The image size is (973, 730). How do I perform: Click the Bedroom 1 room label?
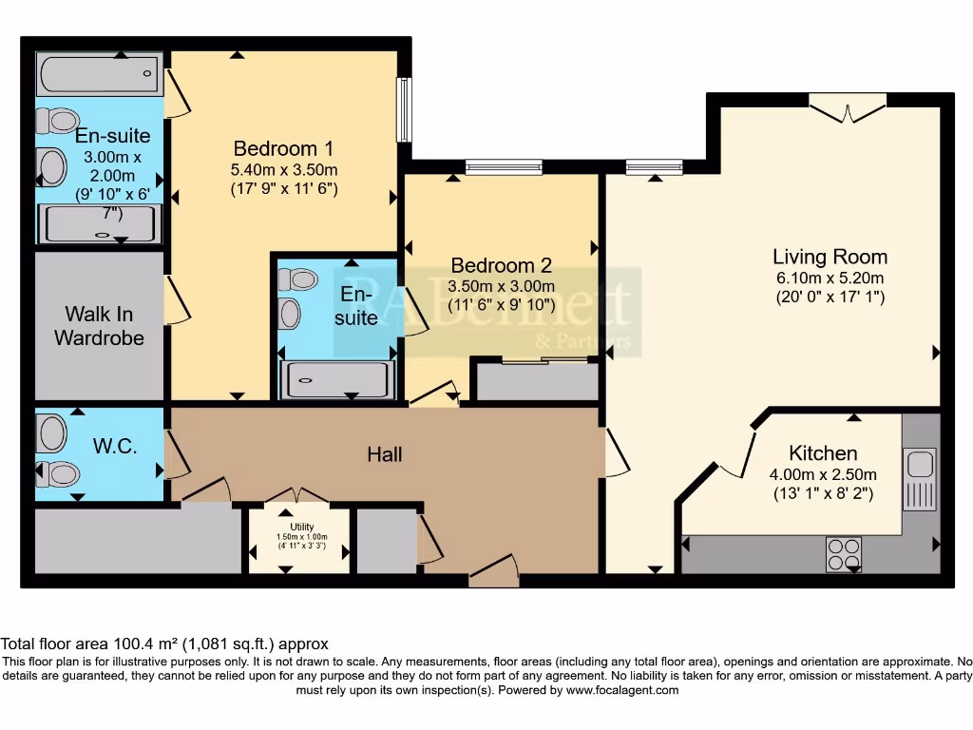283,148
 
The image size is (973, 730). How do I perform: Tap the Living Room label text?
830,257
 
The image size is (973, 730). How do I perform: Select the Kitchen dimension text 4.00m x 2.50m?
823,474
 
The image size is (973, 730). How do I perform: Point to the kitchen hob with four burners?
844,554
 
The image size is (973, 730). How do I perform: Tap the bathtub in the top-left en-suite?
98,75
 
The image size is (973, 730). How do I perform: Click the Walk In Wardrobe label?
99,325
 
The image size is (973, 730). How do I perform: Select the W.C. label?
116,446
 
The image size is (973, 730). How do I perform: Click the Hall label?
385,454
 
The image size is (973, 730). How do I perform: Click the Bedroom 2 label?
501,265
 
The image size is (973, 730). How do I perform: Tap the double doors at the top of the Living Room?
848,108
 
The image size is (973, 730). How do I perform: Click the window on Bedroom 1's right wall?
404,109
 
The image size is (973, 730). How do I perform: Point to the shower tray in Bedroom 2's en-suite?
336,380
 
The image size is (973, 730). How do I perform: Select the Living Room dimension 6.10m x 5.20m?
830,279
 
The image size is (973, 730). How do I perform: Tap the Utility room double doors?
297,496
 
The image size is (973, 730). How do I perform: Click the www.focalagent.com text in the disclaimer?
622,690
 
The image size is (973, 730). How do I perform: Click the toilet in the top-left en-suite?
59,121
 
